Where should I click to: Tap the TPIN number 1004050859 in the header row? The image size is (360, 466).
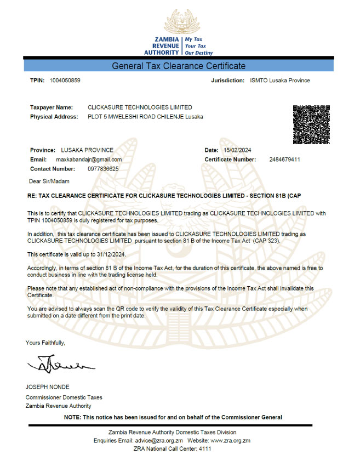click(x=65, y=81)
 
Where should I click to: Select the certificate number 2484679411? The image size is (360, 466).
click(x=285, y=160)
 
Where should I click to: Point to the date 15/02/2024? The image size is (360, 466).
click(x=237, y=150)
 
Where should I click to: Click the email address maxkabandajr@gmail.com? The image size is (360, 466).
click(x=89, y=160)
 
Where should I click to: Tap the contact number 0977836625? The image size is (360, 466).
click(x=103, y=169)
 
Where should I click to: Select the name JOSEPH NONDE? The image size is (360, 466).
click(x=47, y=387)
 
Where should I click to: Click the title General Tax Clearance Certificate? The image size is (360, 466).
click(x=179, y=66)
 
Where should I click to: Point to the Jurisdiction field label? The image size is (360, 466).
click(x=227, y=81)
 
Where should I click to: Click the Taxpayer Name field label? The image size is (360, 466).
click(x=51, y=107)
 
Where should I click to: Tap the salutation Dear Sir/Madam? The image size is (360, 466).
click(x=49, y=180)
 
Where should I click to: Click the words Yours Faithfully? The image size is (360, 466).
click(x=45, y=343)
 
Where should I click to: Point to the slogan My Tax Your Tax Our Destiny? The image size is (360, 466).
click(x=198, y=47)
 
